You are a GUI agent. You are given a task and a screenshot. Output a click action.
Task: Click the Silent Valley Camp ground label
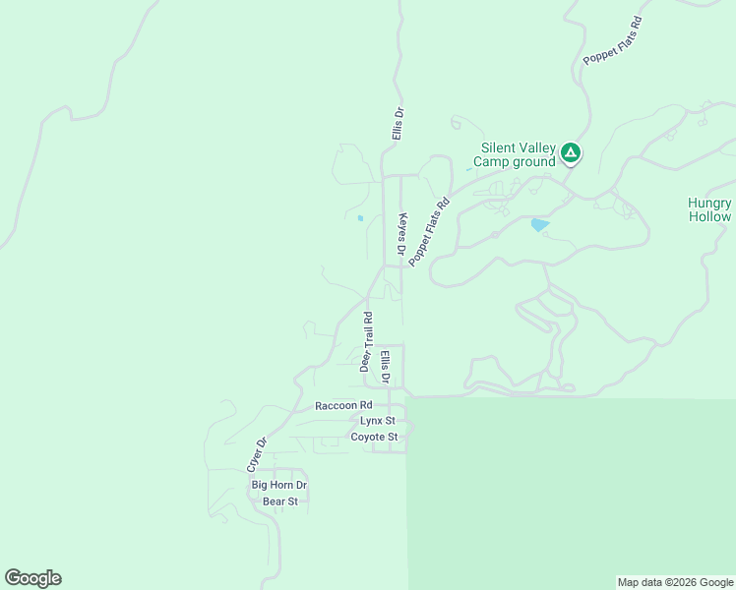click(514, 154)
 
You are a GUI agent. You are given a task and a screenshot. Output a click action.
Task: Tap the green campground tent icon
click(570, 153)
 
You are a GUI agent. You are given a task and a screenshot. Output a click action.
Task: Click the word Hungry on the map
click(709, 203)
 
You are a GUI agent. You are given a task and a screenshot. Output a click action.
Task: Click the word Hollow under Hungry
click(709, 216)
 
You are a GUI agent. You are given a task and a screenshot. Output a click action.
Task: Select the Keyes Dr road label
click(401, 236)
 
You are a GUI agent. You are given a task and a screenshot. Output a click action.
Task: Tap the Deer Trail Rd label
click(365, 340)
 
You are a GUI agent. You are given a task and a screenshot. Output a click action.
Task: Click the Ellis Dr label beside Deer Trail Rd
click(386, 366)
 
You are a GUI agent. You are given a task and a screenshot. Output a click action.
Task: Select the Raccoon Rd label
click(343, 405)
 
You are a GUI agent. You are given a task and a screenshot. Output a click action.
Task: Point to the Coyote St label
click(374, 437)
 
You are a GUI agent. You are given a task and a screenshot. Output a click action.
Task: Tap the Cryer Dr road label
click(256, 452)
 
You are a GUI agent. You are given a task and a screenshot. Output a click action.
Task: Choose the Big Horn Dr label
click(279, 486)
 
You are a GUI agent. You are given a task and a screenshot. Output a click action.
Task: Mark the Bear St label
click(279, 501)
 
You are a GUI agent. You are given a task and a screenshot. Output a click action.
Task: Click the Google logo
click(32, 578)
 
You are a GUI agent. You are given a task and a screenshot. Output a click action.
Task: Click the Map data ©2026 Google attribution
click(676, 582)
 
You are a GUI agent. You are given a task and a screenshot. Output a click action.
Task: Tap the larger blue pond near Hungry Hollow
click(540, 225)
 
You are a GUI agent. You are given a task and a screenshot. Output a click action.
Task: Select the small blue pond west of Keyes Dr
click(360, 217)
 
